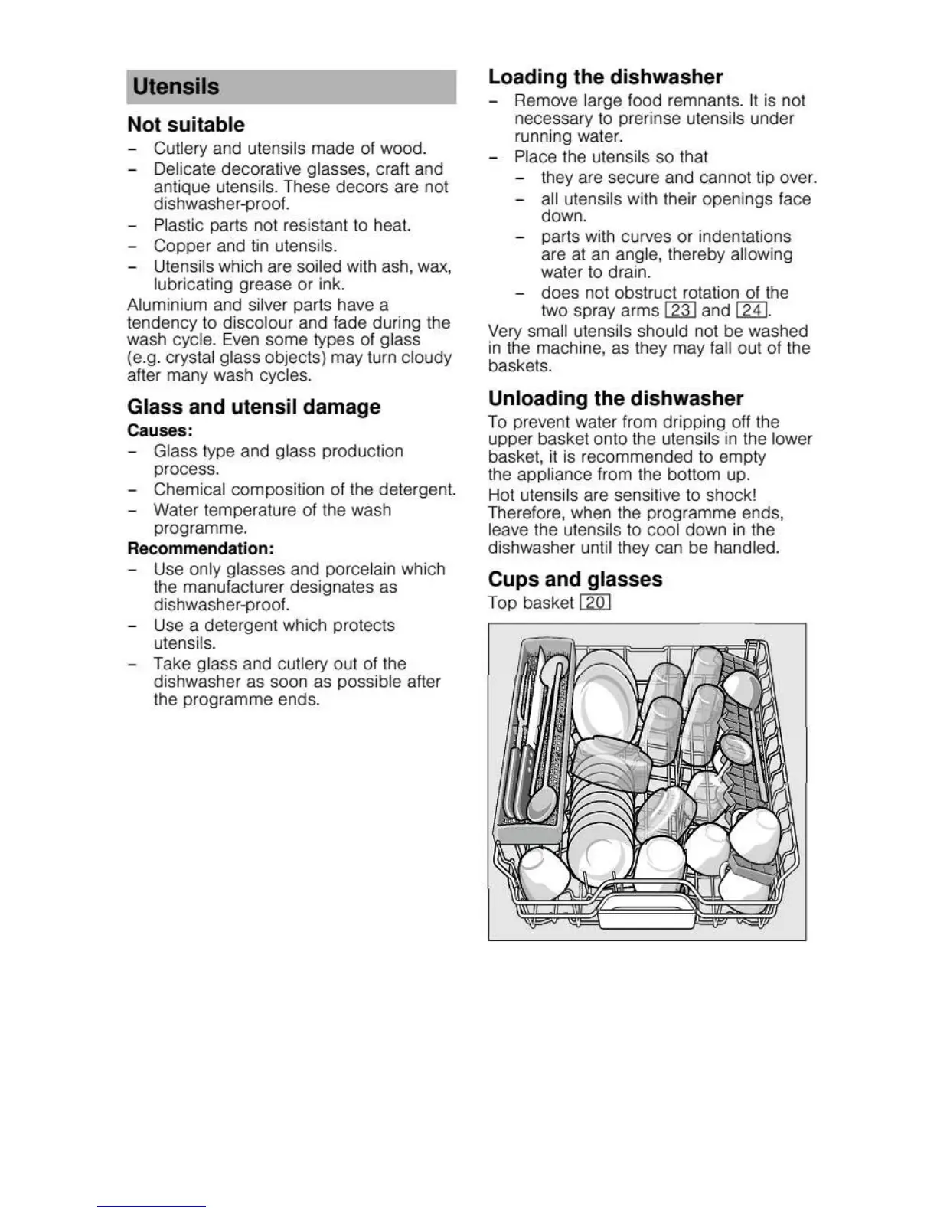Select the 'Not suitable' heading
[x=186, y=125]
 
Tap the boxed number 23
[x=681, y=310]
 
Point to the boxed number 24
[x=752, y=310]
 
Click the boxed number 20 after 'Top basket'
[x=595, y=603]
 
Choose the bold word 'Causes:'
[x=160, y=430]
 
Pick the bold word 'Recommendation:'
[x=201, y=548]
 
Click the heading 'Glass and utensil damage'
[x=253, y=407]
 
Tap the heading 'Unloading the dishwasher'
[x=615, y=398]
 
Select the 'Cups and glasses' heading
[x=575, y=579]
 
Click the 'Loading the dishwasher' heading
[x=605, y=77]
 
